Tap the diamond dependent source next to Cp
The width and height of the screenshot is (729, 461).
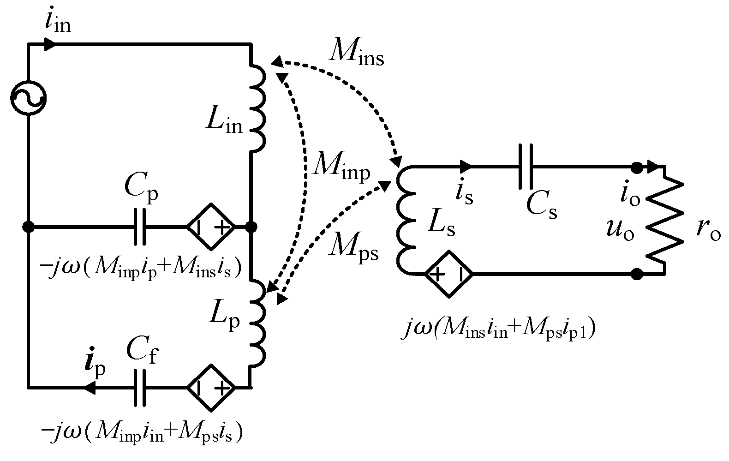point(210,227)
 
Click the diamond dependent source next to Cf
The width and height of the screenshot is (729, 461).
point(210,387)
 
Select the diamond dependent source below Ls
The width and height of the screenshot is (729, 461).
point(448,274)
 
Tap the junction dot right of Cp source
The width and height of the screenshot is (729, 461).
point(251,227)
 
